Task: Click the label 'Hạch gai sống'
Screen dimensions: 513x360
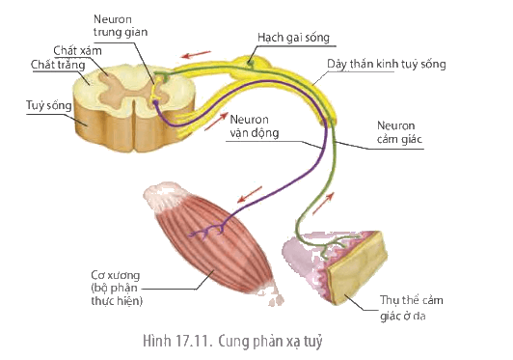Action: (x=293, y=38)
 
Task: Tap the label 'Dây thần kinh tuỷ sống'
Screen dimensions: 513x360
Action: (x=387, y=64)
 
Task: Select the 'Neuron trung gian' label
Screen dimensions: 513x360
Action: (x=121, y=25)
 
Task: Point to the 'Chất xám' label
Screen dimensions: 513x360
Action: (x=77, y=51)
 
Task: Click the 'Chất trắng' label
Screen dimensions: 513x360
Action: (x=58, y=65)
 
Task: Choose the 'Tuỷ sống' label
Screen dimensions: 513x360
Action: (x=49, y=106)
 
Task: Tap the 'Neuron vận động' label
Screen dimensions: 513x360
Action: (x=255, y=126)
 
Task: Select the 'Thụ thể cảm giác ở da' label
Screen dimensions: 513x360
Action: (x=411, y=308)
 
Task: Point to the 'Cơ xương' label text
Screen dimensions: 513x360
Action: (x=116, y=275)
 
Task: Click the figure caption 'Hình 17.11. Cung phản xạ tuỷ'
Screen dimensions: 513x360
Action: (x=232, y=342)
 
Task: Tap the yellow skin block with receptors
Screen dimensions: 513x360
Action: (x=357, y=266)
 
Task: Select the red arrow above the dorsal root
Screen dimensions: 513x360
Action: (x=197, y=54)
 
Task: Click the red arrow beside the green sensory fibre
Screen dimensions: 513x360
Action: (x=323, y=204)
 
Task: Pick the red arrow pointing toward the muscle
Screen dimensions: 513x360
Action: (x=250, y=195)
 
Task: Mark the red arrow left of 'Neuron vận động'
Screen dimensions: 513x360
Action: (x=216, y=122)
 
